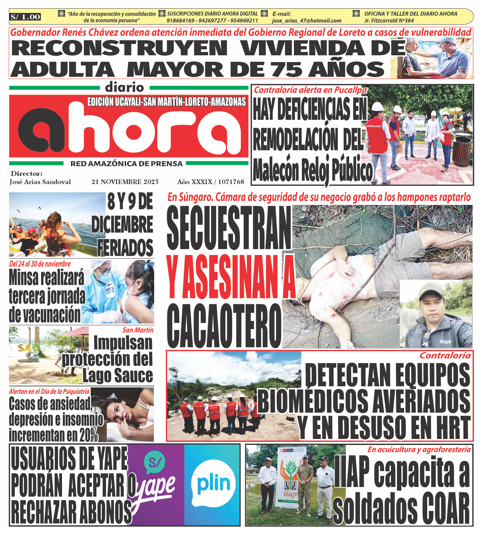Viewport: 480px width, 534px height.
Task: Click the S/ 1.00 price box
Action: coord(25,17)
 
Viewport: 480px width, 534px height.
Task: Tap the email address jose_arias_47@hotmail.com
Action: coord(306,21)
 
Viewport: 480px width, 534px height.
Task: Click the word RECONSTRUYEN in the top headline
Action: coord(119,48)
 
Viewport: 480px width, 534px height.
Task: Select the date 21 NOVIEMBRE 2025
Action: coord(125,182)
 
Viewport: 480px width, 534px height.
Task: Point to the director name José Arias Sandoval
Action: coord(40,182)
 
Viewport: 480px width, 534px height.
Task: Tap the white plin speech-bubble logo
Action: coord(213,485)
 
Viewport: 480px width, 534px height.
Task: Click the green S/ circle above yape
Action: coord(154,462)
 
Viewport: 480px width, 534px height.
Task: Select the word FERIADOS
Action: coord(126,248)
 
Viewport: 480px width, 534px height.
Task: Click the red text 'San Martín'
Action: coord(138,330)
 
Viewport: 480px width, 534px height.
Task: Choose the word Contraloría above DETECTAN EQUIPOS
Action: coord(445,355)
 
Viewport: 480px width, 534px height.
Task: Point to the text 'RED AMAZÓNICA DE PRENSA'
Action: coord(127,164)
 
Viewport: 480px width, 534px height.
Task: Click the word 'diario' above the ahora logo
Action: coord(124,88)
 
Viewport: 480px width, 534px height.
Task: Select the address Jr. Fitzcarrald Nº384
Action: coord(389,21)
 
